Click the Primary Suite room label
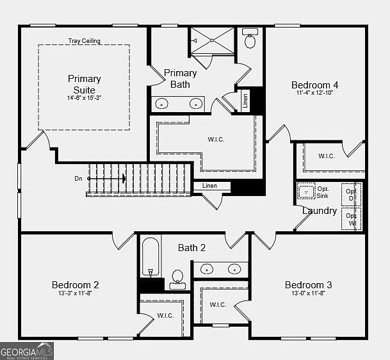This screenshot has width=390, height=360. pos(84,83)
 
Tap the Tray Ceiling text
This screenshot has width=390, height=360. pos(84,41)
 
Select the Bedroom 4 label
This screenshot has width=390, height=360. pos(314,85)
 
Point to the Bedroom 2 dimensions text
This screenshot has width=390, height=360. pos(75,293)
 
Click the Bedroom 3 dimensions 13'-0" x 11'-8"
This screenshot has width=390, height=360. pos(308,293)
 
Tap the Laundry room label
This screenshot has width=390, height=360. pos(320,210)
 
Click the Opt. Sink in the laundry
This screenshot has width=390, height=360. pos(306,192)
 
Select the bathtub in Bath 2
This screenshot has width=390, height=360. pos(150,258)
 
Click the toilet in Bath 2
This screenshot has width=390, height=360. pos(177,279)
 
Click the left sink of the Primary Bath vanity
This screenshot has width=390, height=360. pos(163,103)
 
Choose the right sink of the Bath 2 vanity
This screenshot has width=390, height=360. pos(234,269)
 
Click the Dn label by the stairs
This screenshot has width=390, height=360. pos(78,179)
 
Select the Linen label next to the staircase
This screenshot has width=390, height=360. pos(209,186)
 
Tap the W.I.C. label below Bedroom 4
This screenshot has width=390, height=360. pos(327,156)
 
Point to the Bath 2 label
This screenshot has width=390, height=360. pos(191,247)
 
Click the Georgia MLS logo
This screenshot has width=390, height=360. pos(27,351)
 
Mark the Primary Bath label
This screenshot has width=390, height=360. pos(180,78)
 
